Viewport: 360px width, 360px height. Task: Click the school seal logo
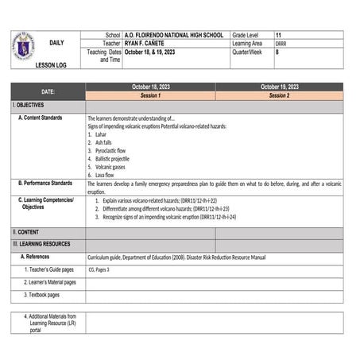click(24, 46)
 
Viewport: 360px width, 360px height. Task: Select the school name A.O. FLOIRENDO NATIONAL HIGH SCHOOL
click(173, 36)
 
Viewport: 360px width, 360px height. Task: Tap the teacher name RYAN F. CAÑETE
click(148, 44)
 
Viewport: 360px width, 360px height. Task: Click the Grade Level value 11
click(279, 36)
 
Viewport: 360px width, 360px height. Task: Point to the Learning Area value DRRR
click(282, 44)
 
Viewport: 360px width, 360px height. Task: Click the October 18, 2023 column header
click(150, 87)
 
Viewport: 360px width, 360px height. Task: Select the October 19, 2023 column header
click(279, 87)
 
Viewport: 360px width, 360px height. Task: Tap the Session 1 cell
click(150, 95)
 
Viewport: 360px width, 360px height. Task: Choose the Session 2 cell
click(279, 95)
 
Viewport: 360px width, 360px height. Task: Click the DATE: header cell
click(48, 91)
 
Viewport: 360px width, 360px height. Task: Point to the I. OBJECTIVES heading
click(29, 105)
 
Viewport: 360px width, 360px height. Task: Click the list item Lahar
click(103, 134)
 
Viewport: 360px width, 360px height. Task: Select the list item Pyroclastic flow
click(110, 150)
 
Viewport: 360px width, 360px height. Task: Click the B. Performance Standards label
click(46, 184)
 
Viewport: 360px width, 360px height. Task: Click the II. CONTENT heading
click(28, 232)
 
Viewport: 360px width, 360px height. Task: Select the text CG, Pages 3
click(99, 269)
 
